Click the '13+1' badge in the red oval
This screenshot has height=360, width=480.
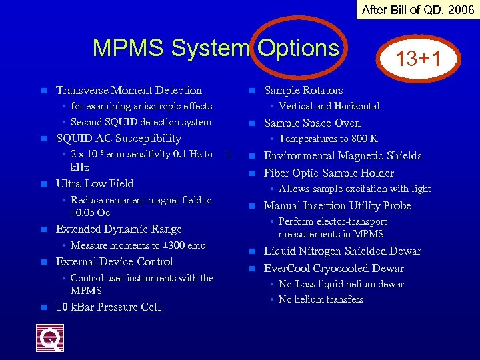pyautogui.click(x=418, y=58)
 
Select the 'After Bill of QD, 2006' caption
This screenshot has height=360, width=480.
pyautogui.click(x=418, y=9)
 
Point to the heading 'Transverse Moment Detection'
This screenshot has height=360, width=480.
pyautogui.click(x=129, y=90)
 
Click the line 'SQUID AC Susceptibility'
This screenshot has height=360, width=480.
pyautogui.click(x=119, y=138)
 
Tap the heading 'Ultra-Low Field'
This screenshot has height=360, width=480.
pyautogui.click(x=95, y=183)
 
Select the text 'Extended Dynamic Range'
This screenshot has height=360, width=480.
pyautogui.click(x=119, y=229)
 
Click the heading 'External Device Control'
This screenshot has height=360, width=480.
pyautogui.click(x=115, y=261)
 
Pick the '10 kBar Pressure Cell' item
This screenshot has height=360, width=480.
pyautogui.click(x=108, y=307)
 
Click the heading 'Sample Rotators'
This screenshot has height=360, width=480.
pyautogui.click(x=303, y=90)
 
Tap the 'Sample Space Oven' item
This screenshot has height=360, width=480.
pyautogui.click(x=312, y=123)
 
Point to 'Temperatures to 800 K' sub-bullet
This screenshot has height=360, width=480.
pyautogui.click(x=328, y=139)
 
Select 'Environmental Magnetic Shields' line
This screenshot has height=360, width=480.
pyautogui.click(x=343, y=155)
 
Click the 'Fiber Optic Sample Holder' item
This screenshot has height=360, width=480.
pyautogui.click(x=329, y=173)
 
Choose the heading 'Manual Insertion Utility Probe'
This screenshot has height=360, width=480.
pyautogui.click(x=337, y=205)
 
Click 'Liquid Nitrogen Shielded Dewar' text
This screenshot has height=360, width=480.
pyautogui.click(x=343, y=251)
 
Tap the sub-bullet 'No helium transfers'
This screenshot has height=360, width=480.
pyautogui.click(x=321, y=299)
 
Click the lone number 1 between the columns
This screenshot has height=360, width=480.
pyautogui.click(x=228, y=154)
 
